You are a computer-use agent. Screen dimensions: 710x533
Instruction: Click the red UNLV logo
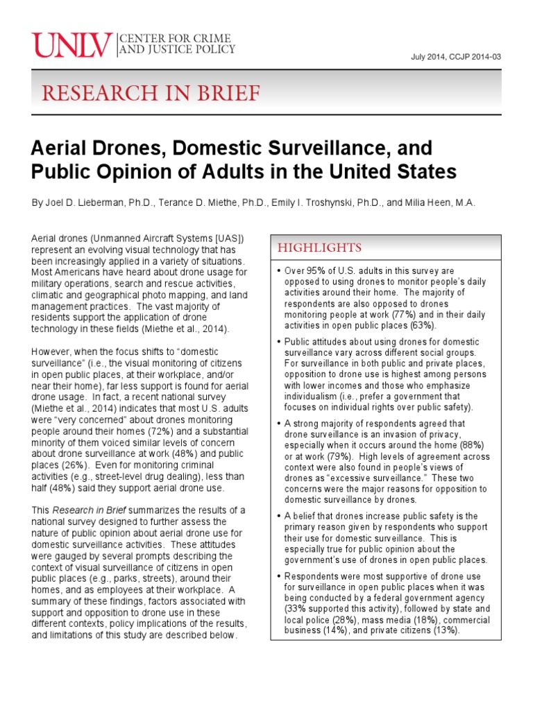pyautogui.click(x=72, y=46)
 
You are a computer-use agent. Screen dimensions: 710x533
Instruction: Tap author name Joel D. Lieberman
pyautogui.click(x=90, y=202)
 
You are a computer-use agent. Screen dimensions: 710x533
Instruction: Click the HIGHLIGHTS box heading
pyautogui.click(x=319, y=248)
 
